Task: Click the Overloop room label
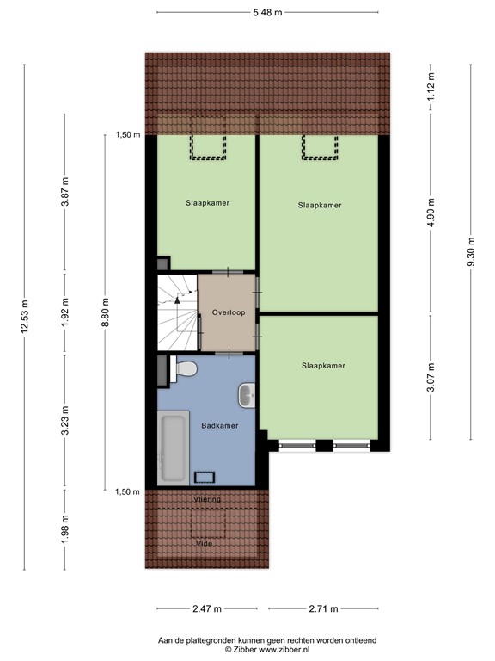[227, 313]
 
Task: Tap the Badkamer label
[219, 425]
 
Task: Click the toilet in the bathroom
[184, 370]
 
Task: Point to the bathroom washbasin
[246, 396]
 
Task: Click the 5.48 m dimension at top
[267, 13]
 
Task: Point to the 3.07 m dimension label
[431, 380]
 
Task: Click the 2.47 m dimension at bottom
[206, 608]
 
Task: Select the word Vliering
[206, 499]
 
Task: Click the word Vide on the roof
[204, 544]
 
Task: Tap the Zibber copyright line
[267, 650]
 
